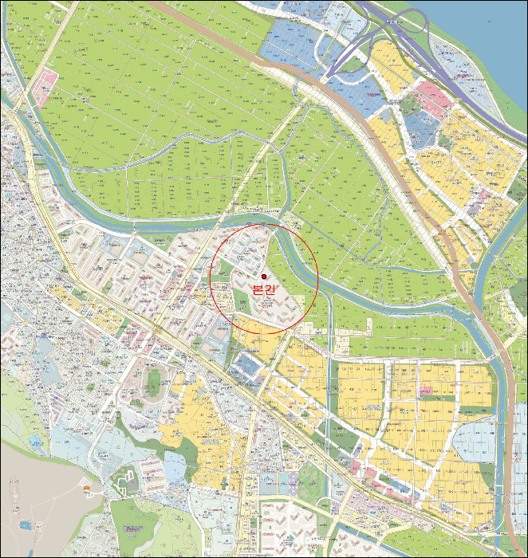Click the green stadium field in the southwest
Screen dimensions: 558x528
point(151,384)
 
